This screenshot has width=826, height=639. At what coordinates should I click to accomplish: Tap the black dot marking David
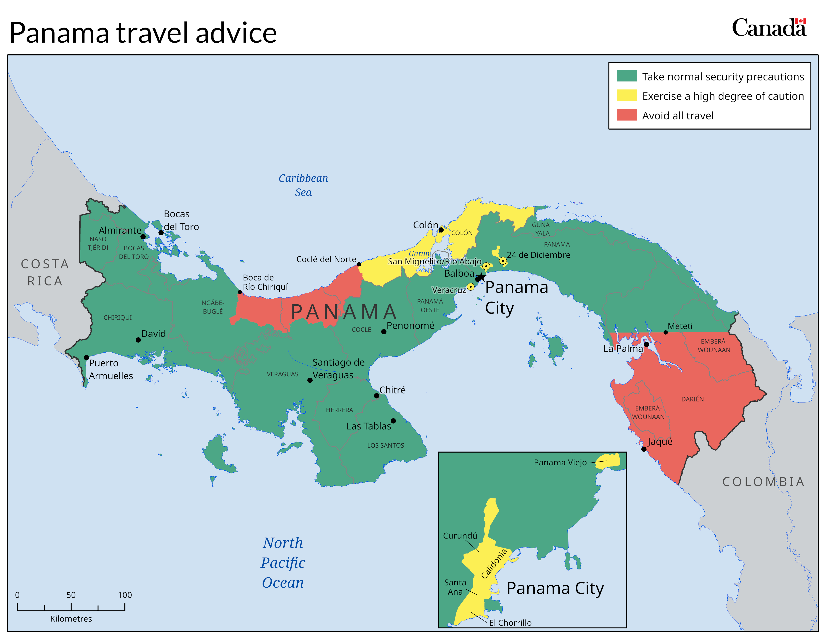point(138,340)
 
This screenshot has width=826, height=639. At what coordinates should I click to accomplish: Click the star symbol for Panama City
point(481,277)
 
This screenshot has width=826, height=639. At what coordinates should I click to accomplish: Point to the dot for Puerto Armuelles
point(86,358)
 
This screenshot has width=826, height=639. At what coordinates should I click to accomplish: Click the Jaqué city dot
point(644,449)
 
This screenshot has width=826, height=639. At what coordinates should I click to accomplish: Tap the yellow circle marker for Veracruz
point(471,287)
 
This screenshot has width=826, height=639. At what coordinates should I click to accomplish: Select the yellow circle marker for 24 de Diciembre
point(503,260)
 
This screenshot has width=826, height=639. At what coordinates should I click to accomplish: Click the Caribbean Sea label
point(303,185)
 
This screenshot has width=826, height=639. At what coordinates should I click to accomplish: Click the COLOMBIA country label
point(763,482)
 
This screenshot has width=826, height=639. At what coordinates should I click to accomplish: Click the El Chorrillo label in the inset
point(510,623)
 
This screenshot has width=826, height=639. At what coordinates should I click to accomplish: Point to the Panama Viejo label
point(560,462)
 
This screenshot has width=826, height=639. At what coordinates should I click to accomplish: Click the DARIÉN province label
point(693,399)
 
